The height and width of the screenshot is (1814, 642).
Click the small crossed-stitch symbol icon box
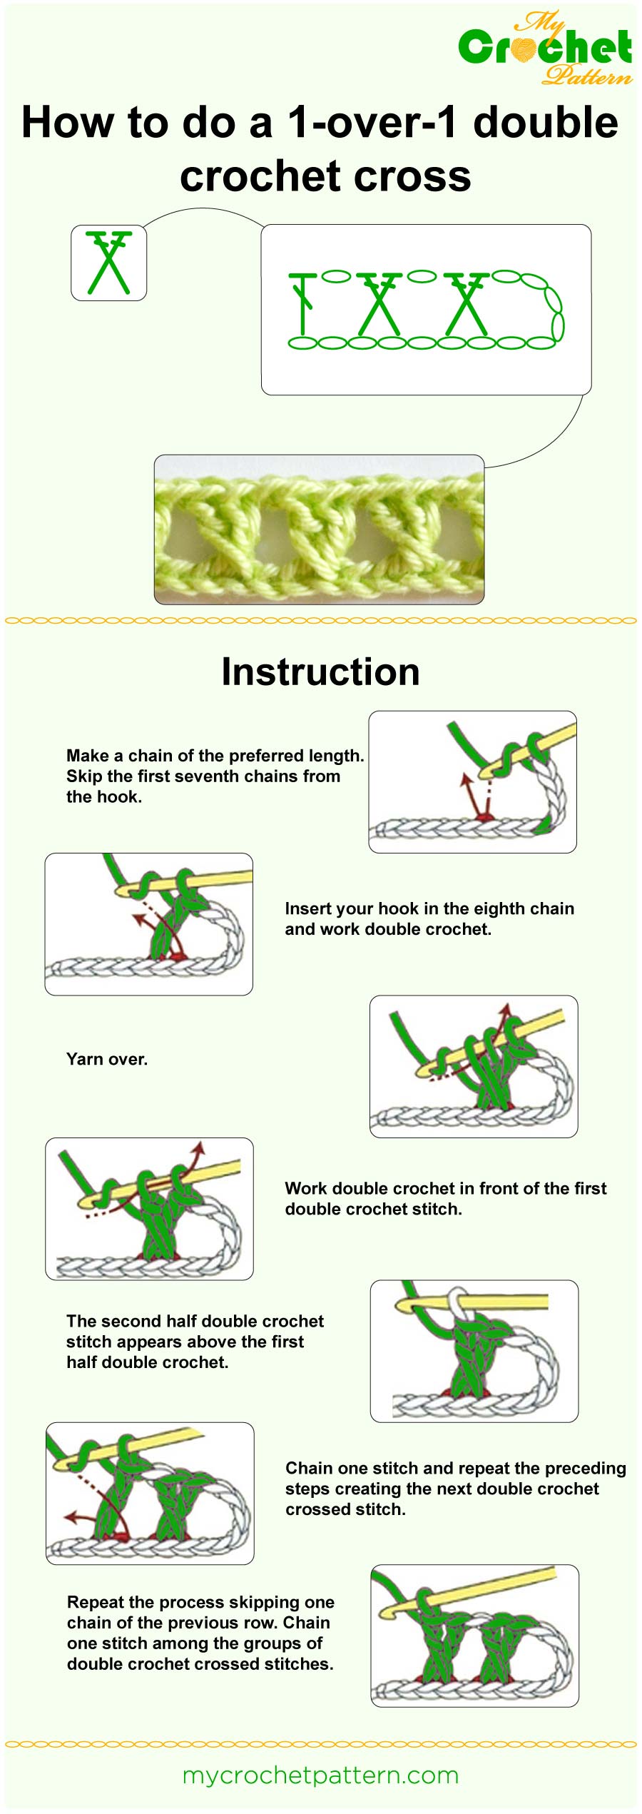[108, 263]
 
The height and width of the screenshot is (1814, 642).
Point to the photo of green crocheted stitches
[319, 529]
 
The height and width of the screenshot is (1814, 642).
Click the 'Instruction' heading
[320, 672]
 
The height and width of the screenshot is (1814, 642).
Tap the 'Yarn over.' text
[107, 1059]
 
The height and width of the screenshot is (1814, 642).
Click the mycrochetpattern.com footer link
[320, 1775]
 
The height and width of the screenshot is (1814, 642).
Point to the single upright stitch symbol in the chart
[303, 303]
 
